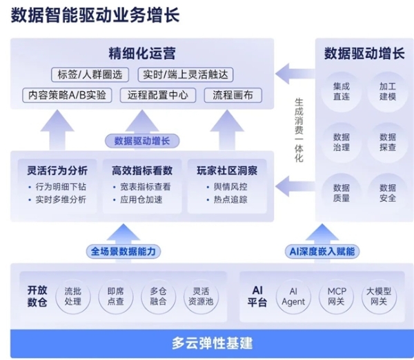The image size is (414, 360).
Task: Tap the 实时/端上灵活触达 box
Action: click(x=186, y=74)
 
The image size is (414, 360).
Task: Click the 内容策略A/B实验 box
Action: click(x=67, y=94)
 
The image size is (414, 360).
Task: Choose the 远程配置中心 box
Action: click(x=157, y=94)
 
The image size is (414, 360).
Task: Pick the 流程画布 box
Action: click(x=233, y=94)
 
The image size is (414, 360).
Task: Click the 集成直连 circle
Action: click(x=341, y=91)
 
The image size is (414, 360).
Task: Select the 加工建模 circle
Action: click(x=387, y=91)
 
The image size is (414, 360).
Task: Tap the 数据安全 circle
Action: click(x=387, y=192)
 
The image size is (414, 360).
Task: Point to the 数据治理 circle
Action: click(x=341, y=141)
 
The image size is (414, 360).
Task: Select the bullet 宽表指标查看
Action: click(x=146, y=186)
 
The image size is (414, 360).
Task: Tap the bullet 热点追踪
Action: click(x=226, y=199)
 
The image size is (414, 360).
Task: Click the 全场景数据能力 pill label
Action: click(x=124, y=250)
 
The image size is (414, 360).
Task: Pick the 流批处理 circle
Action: click(x=72, y=296)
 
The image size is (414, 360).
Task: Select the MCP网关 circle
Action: click(x=337, y=296)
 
